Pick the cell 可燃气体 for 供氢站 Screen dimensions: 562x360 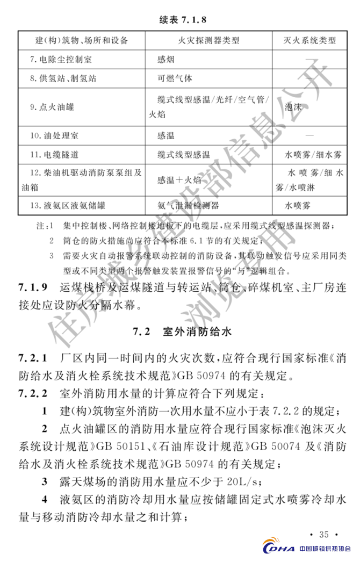(x=175, y=78)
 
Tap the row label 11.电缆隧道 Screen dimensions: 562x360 (x=54, y=154)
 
